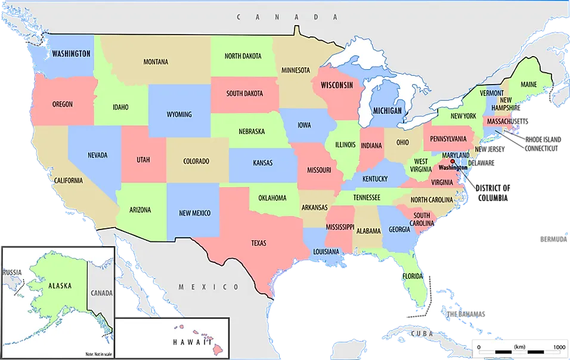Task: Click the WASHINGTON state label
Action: point(71,54)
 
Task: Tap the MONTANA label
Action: point(156,61)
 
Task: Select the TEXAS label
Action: point(258,243)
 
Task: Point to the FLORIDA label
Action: point(413,277)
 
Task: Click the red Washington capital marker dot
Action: point(453,161)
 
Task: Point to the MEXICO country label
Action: point(209,287)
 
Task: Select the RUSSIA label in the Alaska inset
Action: point(12,272)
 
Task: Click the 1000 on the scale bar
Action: point(559,347)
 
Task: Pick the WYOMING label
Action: point(179,114)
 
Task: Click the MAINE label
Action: point(528,85)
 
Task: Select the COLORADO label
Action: point(196,161)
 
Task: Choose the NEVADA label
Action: point(97,155)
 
